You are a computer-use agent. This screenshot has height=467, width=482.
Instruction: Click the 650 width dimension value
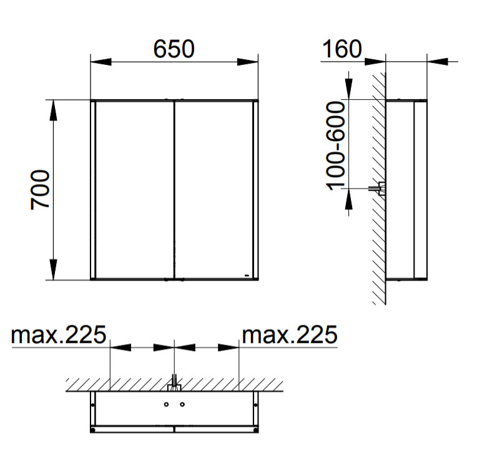pos(174,49)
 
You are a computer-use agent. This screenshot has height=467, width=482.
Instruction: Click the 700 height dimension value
pos(40,190)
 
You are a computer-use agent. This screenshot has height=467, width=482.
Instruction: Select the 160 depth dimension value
pos(342,49)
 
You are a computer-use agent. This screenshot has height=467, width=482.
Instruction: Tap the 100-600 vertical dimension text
pos(335,146)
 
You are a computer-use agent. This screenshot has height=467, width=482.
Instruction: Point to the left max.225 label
pos(59,334)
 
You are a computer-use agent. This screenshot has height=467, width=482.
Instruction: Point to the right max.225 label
pos(290,334)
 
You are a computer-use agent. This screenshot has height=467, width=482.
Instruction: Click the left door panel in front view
pos(135,190)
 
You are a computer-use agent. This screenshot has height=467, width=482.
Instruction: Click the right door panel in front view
pos(214,190)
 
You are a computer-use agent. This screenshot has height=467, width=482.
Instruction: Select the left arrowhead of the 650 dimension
pos(101,62)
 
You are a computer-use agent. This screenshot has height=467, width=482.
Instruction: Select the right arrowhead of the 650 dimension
pos(248,62)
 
